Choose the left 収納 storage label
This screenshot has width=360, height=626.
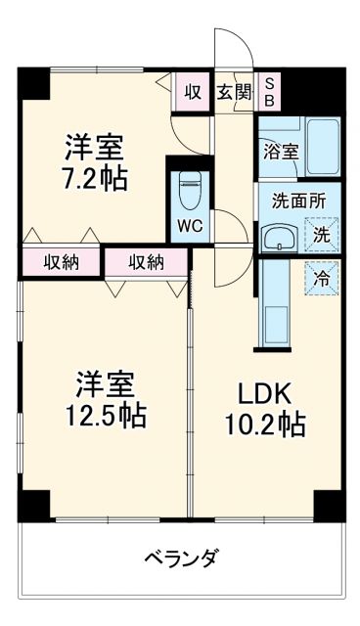point(61,261)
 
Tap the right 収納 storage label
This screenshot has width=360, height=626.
point(146,261)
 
